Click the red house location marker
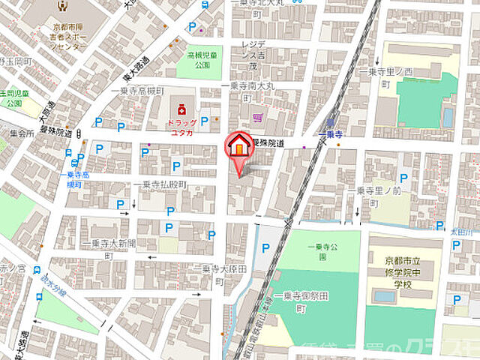tap(239, 146)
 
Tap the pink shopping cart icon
tap(259, 116)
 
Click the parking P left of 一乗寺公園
tap(265, 248)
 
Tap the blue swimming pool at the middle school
tap(384, 296)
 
